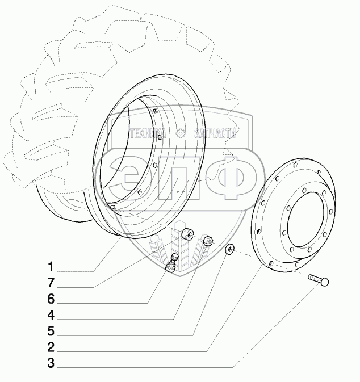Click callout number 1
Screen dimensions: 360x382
tap(51, 266)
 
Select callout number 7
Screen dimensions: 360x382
tap(51, 283)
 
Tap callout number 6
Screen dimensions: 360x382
tap(51, 299)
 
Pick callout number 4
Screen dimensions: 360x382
tap(51, 314)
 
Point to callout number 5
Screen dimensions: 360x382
tap(51, 330)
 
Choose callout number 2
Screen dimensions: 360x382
tap(51, 347)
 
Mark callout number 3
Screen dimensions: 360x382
tap(51, 363)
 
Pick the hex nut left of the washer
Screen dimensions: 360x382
tap(208, 241)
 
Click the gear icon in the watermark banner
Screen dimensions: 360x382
tap(181, 135)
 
